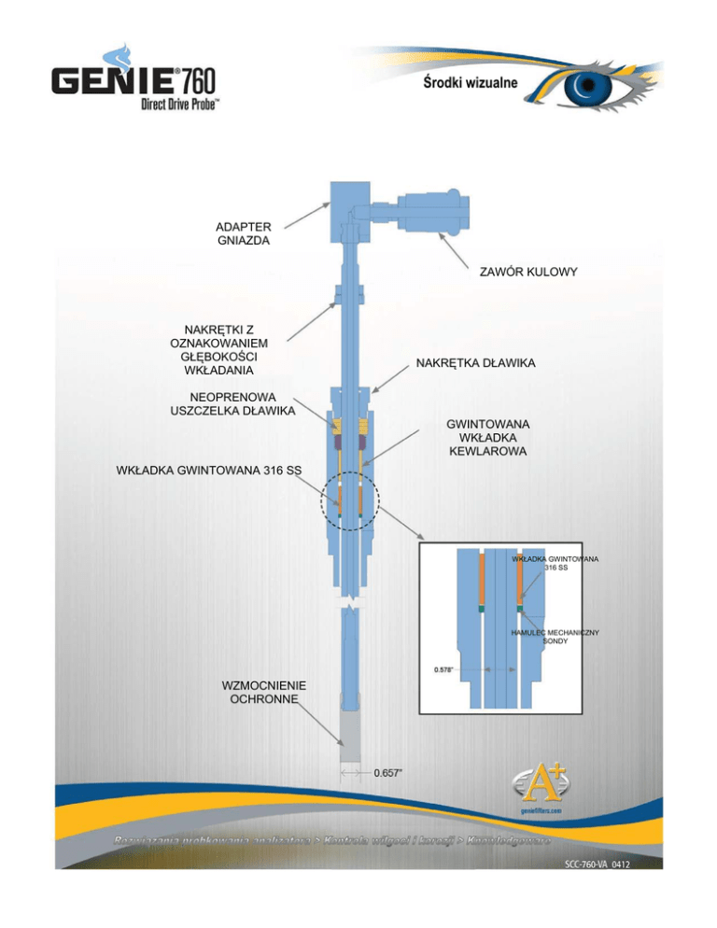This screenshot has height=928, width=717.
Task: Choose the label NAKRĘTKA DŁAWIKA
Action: click(x=475, y=362)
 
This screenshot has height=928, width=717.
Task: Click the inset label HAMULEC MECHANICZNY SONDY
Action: click(x=555, y=638)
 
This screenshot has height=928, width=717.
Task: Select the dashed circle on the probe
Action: click(x=349, y=502)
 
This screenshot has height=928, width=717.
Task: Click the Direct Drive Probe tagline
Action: click(x=180, y=105)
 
